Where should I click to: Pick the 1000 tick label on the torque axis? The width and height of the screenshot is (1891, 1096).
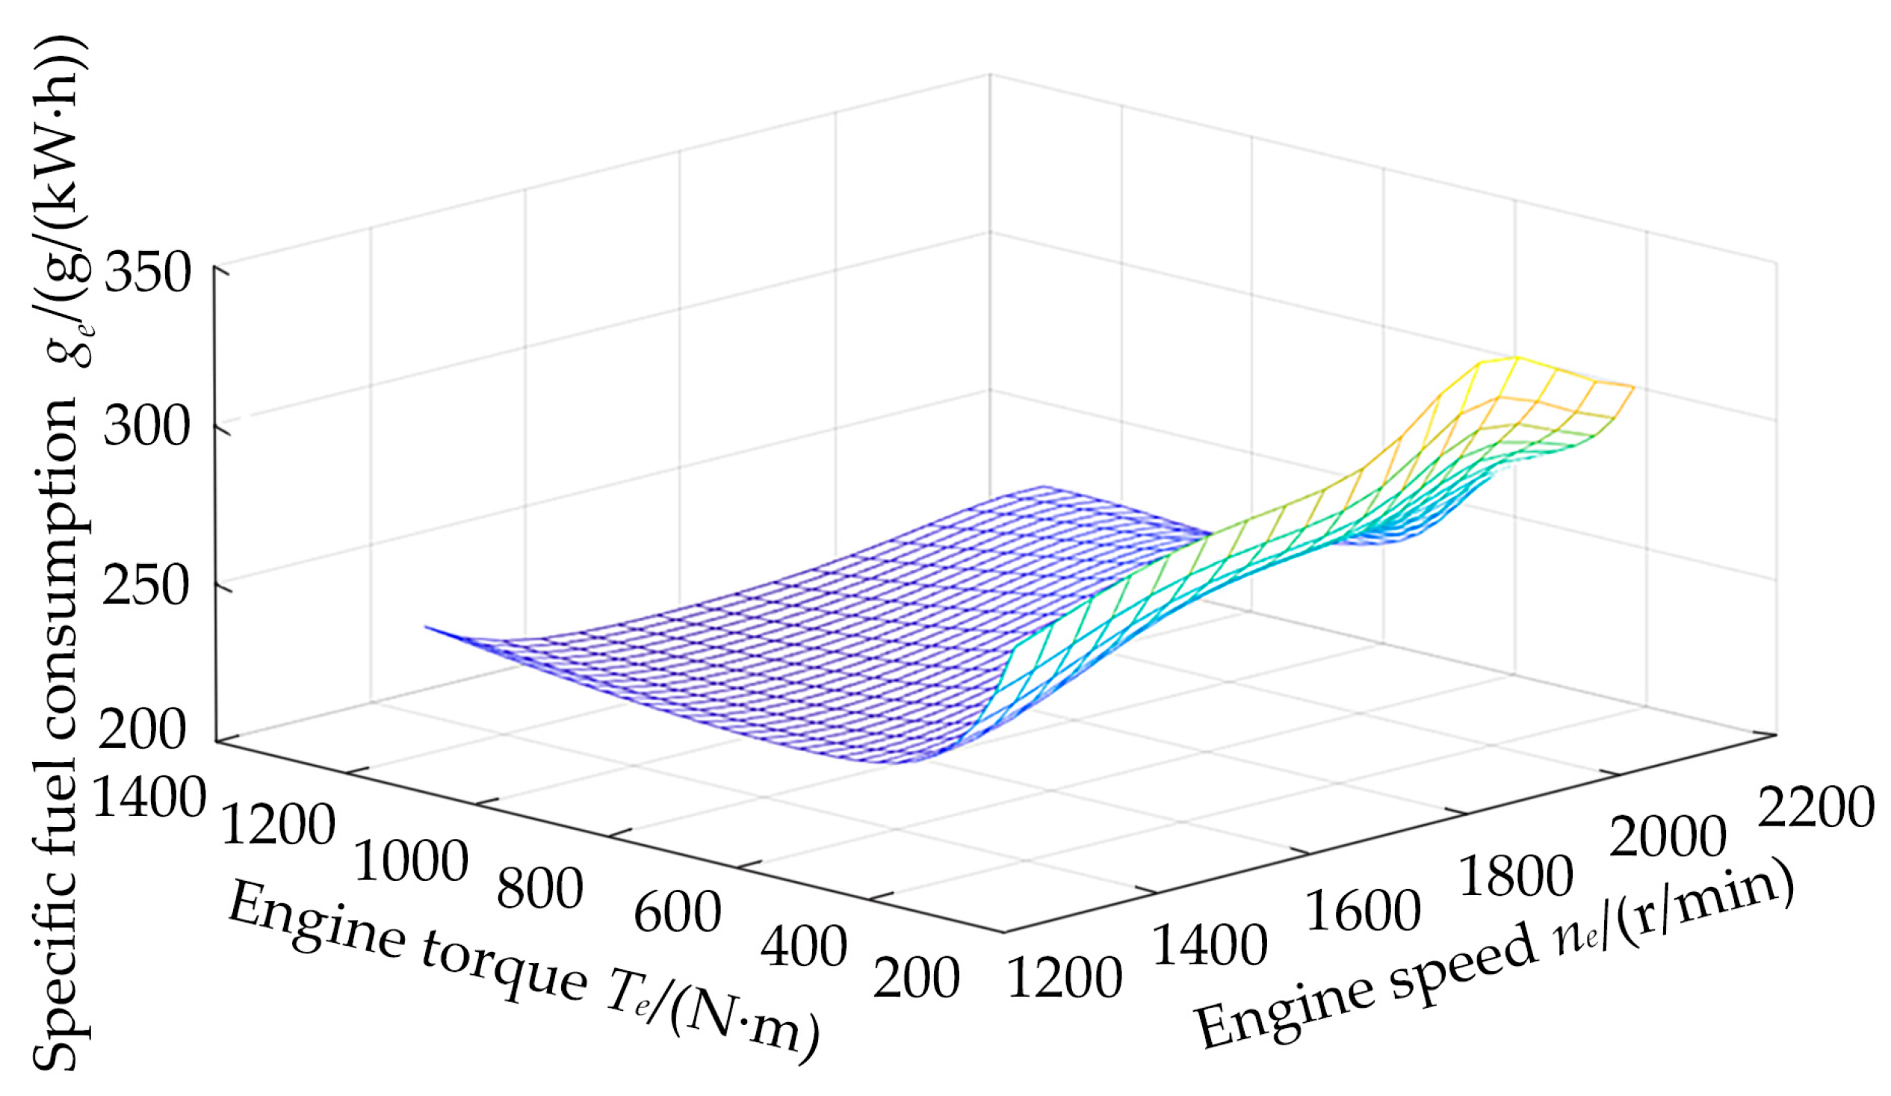pyautogui.click(x=410, y=861)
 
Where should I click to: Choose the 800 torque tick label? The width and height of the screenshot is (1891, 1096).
pyautogui.click(x=539, y=890)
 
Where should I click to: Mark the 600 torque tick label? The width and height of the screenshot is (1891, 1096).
pyautogui.click(x=678, y=913)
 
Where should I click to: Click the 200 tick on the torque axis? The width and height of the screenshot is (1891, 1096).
pyautogui.click(x=915, y=978)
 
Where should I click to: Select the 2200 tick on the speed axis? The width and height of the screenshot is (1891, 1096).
pyautogui.click(x=1816, y=808)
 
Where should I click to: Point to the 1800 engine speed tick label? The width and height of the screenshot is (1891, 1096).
pyautogui.click(x=1515, y=876)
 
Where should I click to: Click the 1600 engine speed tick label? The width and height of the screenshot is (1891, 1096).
pyautogui.click(x=1363, y=911)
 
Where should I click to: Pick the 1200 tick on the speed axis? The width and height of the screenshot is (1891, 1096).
pyautogui.click(x=1064, y=979)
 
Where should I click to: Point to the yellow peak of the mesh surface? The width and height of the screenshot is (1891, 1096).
pyautogui.click(x=1516, y=359)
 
